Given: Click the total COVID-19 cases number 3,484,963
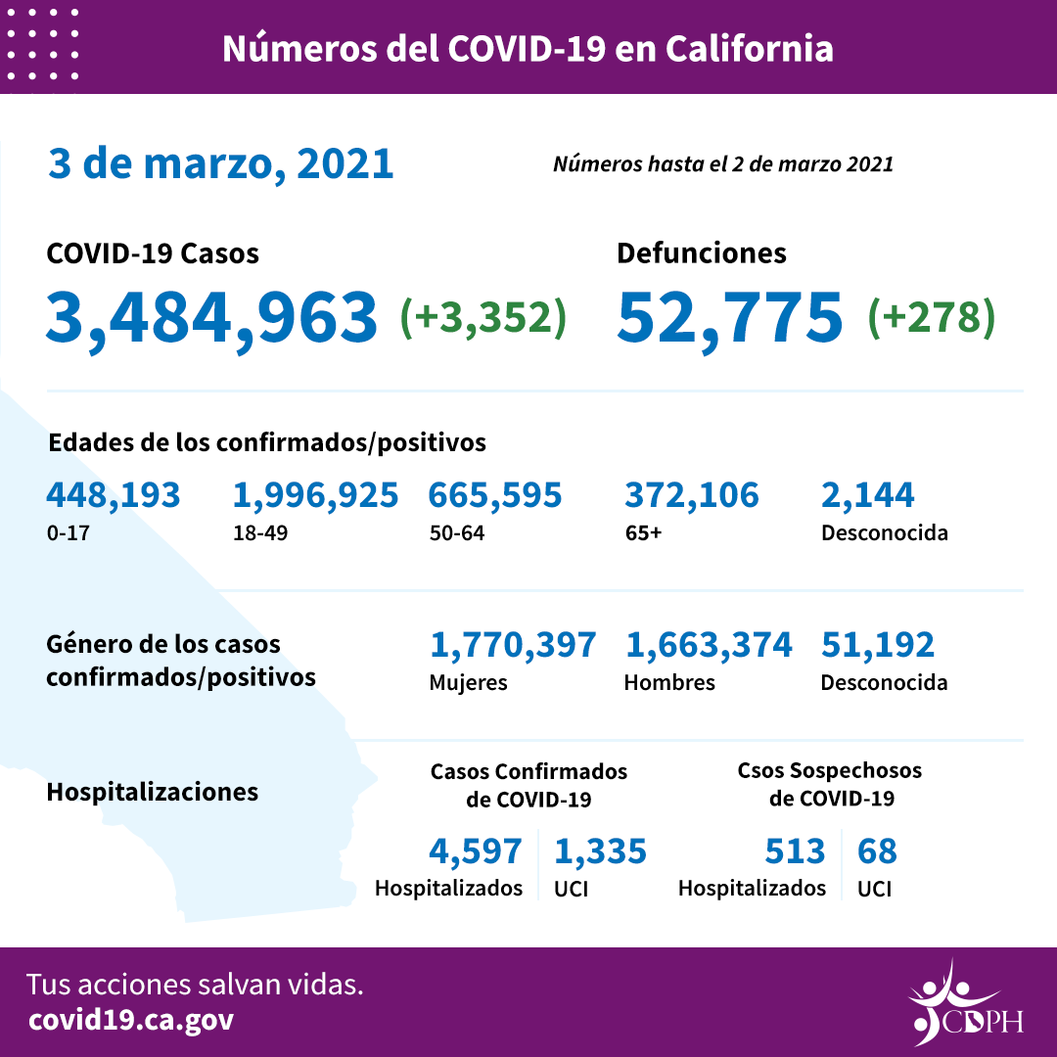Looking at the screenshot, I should [x=211, y=317].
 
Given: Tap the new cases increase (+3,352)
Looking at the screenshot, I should [x=483, y=317].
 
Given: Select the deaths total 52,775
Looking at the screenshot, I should [x=729, y=317].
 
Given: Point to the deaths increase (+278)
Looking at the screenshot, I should [x=931, y=317].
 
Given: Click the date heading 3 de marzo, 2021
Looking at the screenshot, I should [x=220, y=163].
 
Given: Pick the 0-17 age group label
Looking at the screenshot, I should [x=65, y=533].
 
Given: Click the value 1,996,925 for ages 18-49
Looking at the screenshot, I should [x=315, y=495].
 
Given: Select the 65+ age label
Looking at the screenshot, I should [x=644, y=533].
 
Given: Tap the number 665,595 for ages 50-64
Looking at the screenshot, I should [x=494, y=495].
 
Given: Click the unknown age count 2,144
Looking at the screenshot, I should [x=867, y=495].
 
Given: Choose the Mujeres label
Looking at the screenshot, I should [x=468, y=682].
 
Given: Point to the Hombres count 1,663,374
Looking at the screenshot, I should [x=708, y=645].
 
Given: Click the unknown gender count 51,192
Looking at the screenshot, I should [x=877, y=645].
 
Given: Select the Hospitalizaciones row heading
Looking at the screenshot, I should [x=152, y=791].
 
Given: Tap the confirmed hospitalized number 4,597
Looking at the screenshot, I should [x=475, y=851].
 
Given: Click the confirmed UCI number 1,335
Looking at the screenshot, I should [x=600, y=851].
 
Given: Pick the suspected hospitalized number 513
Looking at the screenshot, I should [x=795, y=851].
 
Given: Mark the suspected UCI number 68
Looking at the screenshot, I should [x=876, y=851].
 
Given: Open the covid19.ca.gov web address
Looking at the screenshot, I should [x=131, y=1020].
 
